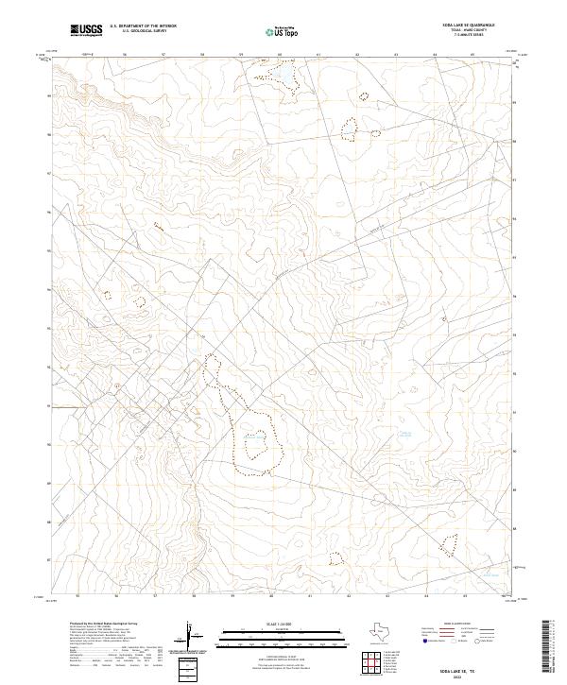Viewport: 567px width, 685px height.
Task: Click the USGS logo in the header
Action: pos(86,31)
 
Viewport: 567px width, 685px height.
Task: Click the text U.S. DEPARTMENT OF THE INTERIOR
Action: pos(143,27)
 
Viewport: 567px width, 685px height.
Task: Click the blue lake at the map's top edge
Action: pos(279,72)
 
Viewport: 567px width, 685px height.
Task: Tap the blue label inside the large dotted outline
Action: pos(253,436)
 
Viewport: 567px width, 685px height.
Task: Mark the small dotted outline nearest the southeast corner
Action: pos(448,543)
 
